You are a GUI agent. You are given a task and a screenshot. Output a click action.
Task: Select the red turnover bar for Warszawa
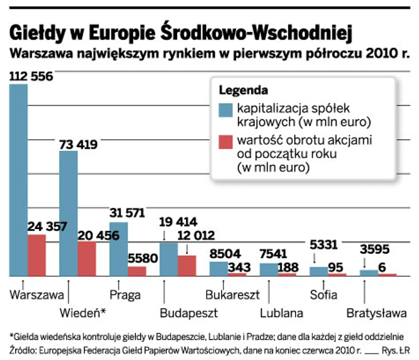pyautogui.click(x=37, y=255)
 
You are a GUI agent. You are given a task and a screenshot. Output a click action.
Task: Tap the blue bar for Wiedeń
pyautogui.click(x=68, y=213)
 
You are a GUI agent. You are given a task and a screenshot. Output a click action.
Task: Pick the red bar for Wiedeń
pyautogui.click(x=86, y=258)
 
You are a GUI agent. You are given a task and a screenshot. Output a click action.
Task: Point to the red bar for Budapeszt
pyautogui.click(x=187, y=265)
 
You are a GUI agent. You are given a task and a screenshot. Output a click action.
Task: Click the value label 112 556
pyautogui.click(x=31, y=77)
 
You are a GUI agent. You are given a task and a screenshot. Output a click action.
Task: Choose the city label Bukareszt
pyautogui.click(x=232, y=294)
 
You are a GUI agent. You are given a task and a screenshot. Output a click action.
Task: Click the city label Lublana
pyautogui.click(x=282, y=313)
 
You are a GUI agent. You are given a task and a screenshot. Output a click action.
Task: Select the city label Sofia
pyautogui.click(x=323, y=294)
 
